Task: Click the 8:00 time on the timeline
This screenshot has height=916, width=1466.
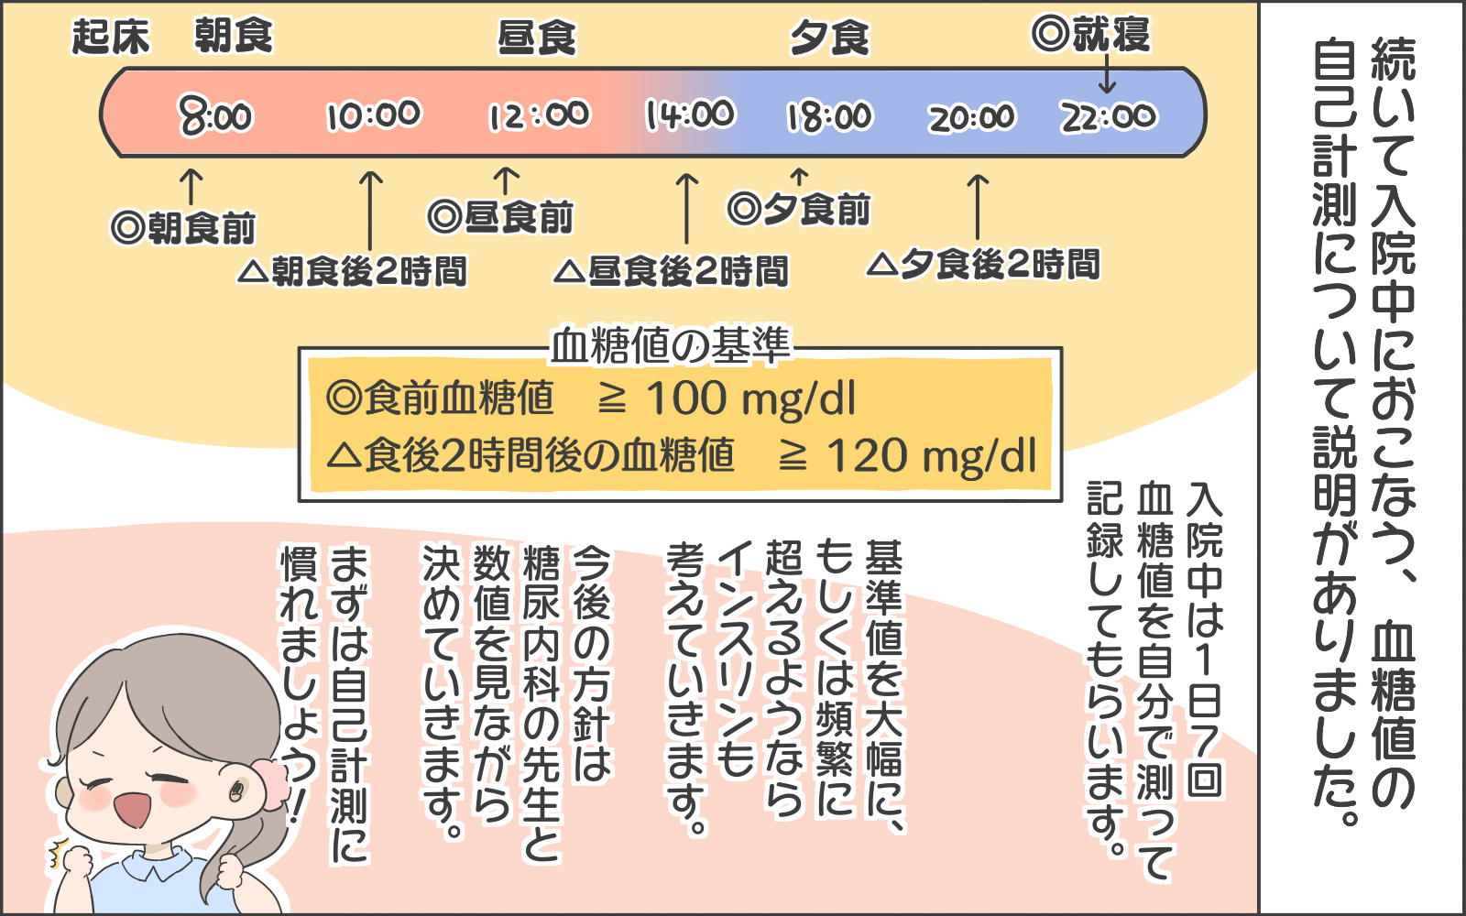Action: [215, 116]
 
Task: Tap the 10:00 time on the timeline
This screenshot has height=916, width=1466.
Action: [374, 115]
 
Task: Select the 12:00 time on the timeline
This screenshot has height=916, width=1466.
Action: [539, 115]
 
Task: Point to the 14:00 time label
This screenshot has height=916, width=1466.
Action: [690, 115]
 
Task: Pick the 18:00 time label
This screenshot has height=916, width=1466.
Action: [830, 117]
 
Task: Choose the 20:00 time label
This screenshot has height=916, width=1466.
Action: [971, 117]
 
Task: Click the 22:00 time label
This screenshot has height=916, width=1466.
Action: [1110, 117]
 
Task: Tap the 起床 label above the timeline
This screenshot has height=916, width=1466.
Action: [110, 38]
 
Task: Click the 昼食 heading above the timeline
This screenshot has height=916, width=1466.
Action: [537, 38]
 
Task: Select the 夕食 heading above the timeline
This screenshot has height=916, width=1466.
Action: [830, 38]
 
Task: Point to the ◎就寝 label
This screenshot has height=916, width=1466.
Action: [1090, 35]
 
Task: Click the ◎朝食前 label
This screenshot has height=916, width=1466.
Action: [183, 227]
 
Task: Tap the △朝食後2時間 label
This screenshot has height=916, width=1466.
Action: [353, 271]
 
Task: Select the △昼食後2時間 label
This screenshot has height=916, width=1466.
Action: [672, 271]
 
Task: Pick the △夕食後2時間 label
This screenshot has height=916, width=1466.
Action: [983, 265]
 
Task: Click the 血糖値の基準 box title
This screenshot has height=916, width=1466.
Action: [670, 346]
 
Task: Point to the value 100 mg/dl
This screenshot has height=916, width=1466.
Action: [750, 398]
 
